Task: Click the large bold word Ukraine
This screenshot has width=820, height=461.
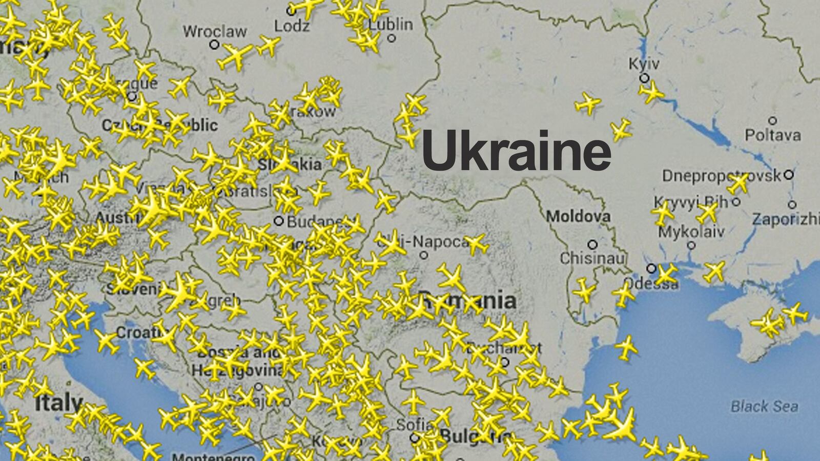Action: click(516, 150)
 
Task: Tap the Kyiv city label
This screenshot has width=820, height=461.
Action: click(644, 64)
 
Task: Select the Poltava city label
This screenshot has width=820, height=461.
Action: click(772, 135)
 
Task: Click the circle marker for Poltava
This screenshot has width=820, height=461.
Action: click(772, 121)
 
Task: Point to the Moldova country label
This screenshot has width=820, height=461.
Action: click(578, 216)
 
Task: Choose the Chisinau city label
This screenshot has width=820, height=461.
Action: click(592, 258)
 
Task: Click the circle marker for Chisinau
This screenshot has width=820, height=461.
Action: click(592, 244)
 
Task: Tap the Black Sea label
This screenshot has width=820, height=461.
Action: click(764, 407)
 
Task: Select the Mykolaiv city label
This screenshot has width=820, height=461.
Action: click(691, 232)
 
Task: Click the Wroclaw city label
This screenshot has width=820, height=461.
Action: click(215, 31)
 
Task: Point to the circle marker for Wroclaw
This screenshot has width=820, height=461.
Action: click(214, 45)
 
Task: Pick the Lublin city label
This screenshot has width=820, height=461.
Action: click(391, 24)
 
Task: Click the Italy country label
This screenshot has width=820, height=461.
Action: click(58, 403)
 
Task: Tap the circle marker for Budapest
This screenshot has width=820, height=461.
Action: click(278, 221)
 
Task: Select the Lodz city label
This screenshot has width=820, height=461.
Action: click(292, 25)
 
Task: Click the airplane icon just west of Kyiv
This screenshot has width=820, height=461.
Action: click(587, 103)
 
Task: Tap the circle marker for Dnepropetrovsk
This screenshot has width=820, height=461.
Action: click(788, 175)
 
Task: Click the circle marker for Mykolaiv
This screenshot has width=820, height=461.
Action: click(691, 245)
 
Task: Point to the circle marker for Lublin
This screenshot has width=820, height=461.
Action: click(392, 38)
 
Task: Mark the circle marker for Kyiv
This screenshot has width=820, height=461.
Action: click(644, 78)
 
